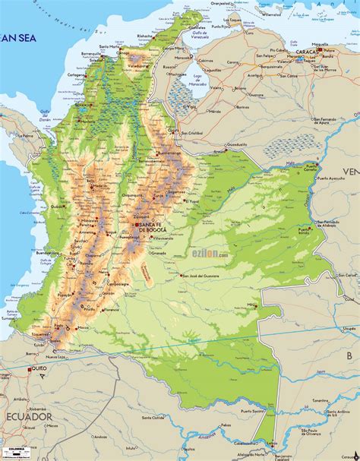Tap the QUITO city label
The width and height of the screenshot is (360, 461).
pyautogui.click(x=39, y=369)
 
